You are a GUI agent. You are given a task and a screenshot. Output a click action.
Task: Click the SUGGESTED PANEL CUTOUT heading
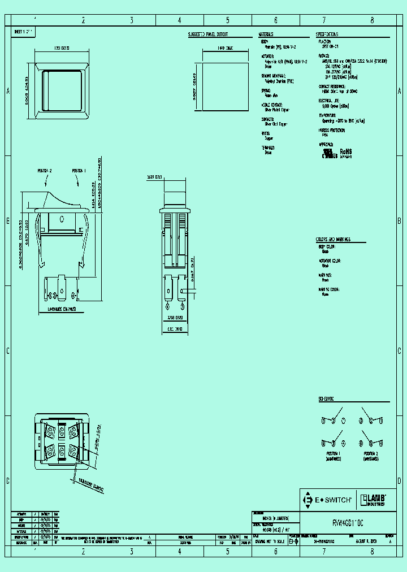click(210, 34)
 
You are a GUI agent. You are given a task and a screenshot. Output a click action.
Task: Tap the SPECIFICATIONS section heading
click(328, 34)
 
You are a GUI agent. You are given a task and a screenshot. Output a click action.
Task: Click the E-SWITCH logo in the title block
click(328, 500)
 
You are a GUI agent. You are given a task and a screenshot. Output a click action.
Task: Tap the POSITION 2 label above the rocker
click(45, 170)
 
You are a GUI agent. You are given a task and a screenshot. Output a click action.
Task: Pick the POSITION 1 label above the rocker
click(79, 170)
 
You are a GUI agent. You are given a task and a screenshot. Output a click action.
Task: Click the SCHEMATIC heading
click(326, 398)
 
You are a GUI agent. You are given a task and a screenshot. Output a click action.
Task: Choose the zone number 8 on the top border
click(372, 20)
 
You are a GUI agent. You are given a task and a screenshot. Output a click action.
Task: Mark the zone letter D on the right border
click(399, 480)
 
